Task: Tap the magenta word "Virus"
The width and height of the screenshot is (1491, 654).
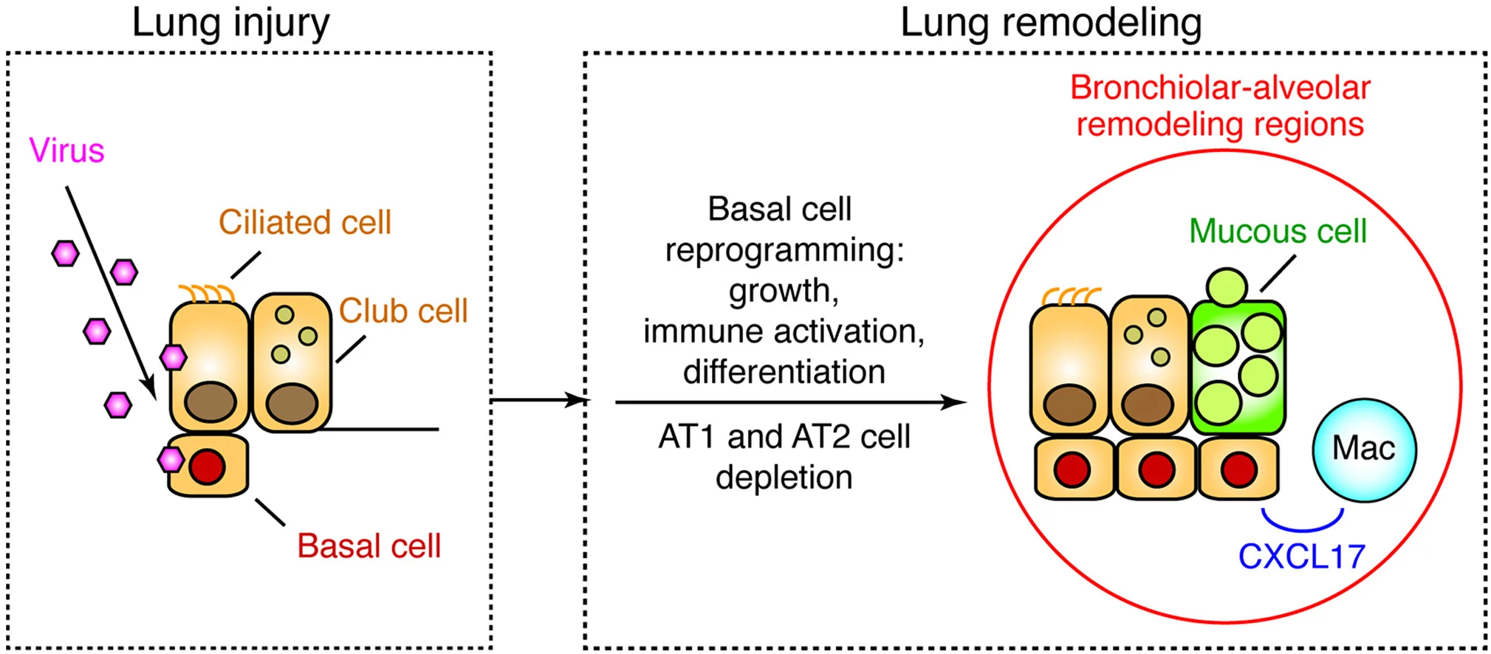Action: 66,151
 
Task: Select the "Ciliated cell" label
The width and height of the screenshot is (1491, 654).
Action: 304,222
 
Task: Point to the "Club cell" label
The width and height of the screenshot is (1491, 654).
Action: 403,311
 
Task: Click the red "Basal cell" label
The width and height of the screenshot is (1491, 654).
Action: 369,546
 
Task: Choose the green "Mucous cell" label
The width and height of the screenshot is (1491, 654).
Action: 1278,231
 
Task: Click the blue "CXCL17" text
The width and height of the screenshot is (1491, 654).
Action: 1301,557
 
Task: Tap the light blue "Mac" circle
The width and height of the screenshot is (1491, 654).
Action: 1364,450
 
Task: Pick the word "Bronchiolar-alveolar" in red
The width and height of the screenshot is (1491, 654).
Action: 1220,88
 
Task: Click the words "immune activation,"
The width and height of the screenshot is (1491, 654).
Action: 784,331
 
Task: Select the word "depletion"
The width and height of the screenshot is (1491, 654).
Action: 784,478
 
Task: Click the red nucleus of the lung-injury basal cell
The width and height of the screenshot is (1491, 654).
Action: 207,467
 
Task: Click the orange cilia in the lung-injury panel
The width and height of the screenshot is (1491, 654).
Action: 207,294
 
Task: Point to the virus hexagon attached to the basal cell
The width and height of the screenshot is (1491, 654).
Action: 171,460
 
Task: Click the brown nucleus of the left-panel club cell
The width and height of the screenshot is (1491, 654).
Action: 292,402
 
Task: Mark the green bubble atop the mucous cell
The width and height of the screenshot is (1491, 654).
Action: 1227,286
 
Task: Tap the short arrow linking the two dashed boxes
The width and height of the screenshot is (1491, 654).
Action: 539,400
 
